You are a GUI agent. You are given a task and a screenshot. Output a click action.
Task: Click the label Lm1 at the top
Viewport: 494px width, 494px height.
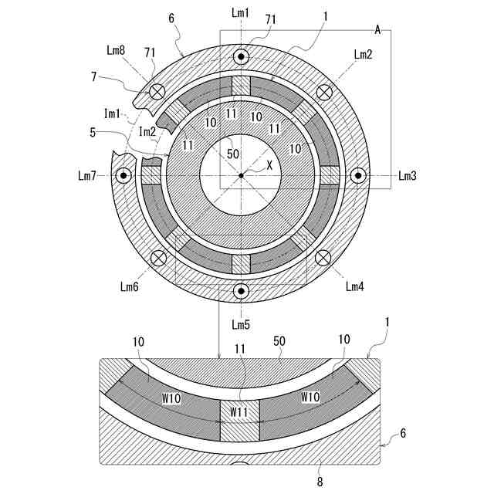click(241, 12)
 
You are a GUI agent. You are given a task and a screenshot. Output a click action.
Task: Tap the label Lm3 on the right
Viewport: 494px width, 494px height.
click(408, 176)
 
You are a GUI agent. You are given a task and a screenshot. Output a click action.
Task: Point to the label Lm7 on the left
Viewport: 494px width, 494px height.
click(87, 176)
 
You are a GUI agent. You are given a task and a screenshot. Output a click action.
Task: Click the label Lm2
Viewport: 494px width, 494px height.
click(363, 54)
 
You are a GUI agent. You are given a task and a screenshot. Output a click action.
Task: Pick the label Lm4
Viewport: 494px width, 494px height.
click(354, 287)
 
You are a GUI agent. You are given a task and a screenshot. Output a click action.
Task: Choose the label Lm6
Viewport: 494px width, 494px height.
click(129, 286)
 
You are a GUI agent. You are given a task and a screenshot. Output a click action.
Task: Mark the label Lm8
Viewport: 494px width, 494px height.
click(116, 50)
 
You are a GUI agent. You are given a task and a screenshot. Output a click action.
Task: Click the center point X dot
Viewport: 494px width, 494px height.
click(242, 176)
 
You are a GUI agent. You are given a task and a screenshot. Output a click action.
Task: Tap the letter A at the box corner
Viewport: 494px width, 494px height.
click(378, 29)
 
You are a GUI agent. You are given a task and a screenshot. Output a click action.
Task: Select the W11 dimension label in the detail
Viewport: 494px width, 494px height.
click(239, 412)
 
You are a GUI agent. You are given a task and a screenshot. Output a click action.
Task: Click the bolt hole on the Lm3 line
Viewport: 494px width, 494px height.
click(358, 176)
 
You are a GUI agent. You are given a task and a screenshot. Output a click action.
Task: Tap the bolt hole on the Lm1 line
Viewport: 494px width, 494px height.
click(242, 58)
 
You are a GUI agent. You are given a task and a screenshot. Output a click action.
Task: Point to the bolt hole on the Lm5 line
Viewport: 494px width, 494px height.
click(242, 292)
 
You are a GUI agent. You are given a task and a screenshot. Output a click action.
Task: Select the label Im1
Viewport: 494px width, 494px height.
click(113, 114)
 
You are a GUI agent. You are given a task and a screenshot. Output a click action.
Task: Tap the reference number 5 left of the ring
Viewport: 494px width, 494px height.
click(93, 132)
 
